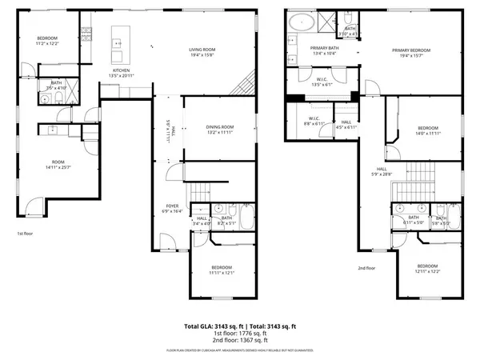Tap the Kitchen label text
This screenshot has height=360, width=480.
coord(120,72)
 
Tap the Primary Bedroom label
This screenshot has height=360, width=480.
coord(413,52)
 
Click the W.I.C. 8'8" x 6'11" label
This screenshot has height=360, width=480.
coord(311,122)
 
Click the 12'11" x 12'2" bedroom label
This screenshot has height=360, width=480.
coord(426,268)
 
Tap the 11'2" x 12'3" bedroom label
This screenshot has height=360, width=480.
coord(49,42)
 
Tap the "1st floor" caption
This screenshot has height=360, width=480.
coord(25,234)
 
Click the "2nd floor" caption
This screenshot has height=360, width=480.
coord(366,269)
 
